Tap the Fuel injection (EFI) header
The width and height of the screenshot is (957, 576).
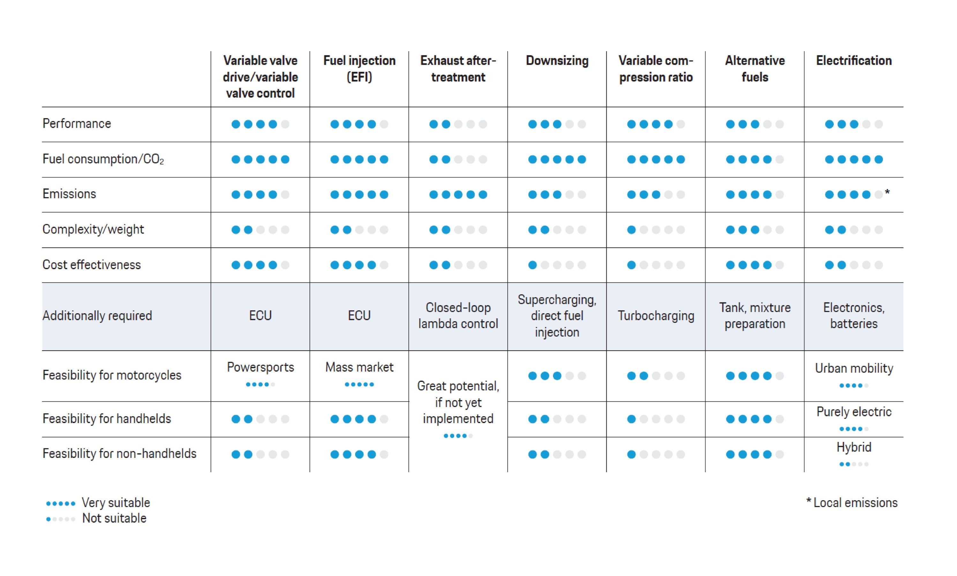359,69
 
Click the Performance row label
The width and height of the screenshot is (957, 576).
77,124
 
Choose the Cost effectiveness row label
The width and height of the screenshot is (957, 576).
92,265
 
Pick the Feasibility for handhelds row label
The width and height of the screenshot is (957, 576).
107,419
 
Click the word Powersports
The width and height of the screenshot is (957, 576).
260,367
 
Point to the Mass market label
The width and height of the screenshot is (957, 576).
359,367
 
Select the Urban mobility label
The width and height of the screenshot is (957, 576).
854,368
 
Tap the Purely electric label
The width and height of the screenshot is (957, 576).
854,412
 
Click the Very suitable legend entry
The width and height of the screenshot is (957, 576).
116,503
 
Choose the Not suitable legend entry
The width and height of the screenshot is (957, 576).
114,519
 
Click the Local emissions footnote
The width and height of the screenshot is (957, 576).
855,503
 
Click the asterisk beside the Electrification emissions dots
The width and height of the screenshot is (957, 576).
887,193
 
